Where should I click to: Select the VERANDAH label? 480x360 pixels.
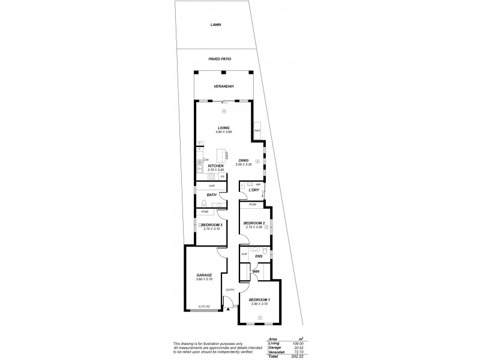point(223,86)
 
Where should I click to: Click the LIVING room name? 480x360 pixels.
point(224,127)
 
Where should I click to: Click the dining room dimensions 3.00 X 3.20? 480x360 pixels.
point(244,164)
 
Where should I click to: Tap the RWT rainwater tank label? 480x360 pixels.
point(257,130)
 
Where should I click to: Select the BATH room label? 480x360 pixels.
point(211,194)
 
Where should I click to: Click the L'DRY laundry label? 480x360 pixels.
point(253,191)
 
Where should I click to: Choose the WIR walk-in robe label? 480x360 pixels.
point(256,271)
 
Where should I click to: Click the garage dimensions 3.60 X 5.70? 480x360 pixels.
point(204,280)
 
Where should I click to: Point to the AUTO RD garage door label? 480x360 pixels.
point(204,307)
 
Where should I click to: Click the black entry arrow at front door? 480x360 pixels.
point(228,309)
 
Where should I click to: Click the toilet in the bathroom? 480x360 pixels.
point(205,203)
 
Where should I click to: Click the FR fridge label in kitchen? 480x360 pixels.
point(223,176)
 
